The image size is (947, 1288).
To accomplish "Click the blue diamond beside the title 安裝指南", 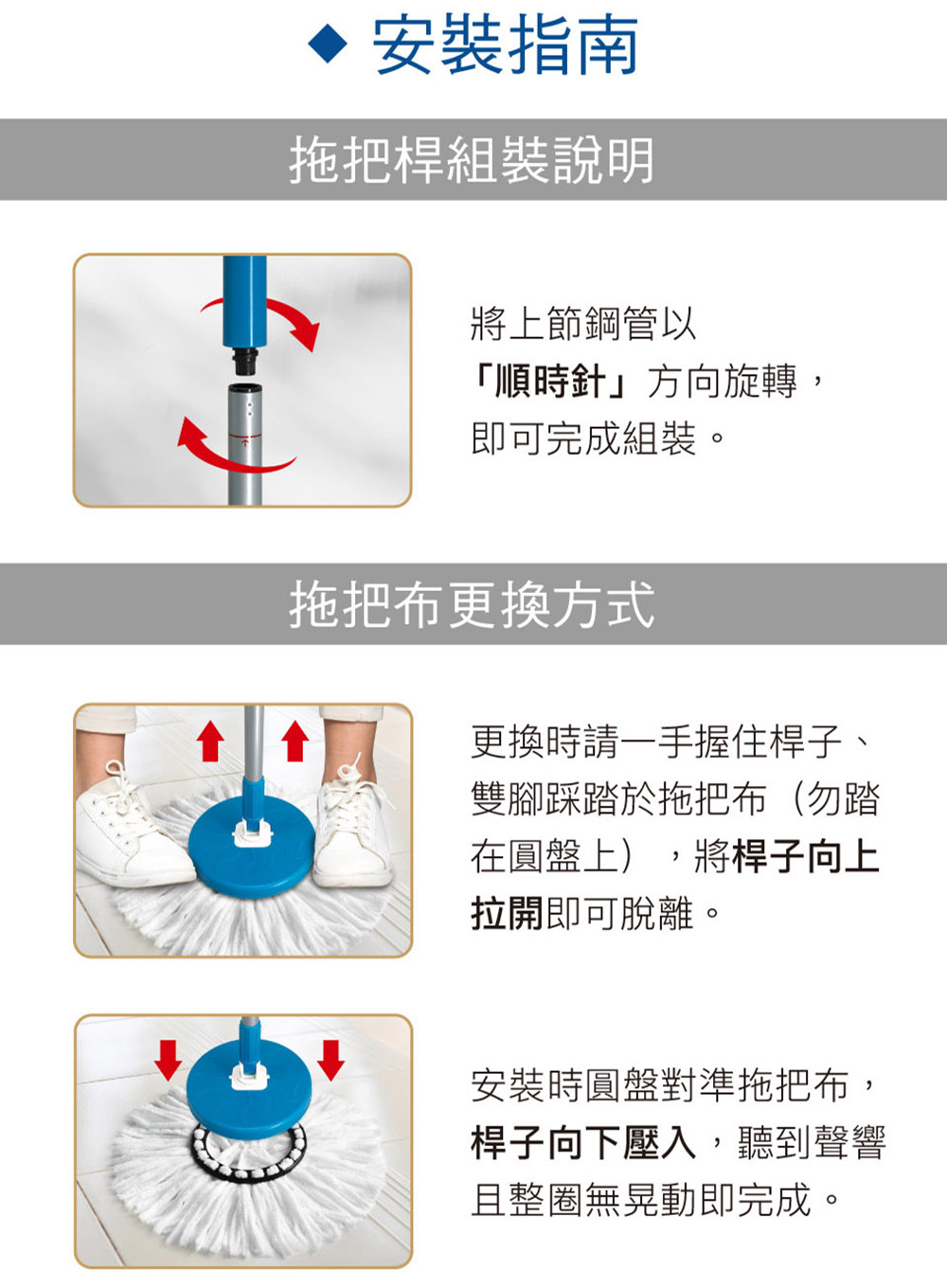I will (328, 45).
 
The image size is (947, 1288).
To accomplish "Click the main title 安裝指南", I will (505, 45).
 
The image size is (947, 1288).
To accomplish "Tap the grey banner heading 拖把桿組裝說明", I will (472, 160).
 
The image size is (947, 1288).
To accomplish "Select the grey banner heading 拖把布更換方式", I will (472, 604).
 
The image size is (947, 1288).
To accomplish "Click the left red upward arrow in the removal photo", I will (209, 740).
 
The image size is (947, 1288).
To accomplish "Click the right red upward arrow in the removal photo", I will (295, 740).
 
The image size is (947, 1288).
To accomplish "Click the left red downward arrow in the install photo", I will (169, 1059).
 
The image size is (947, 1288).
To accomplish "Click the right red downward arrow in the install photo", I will (331, 1059).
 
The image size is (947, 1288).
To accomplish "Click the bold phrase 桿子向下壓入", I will (583, 1142).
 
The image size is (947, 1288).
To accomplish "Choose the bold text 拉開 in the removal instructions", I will (507, 913).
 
